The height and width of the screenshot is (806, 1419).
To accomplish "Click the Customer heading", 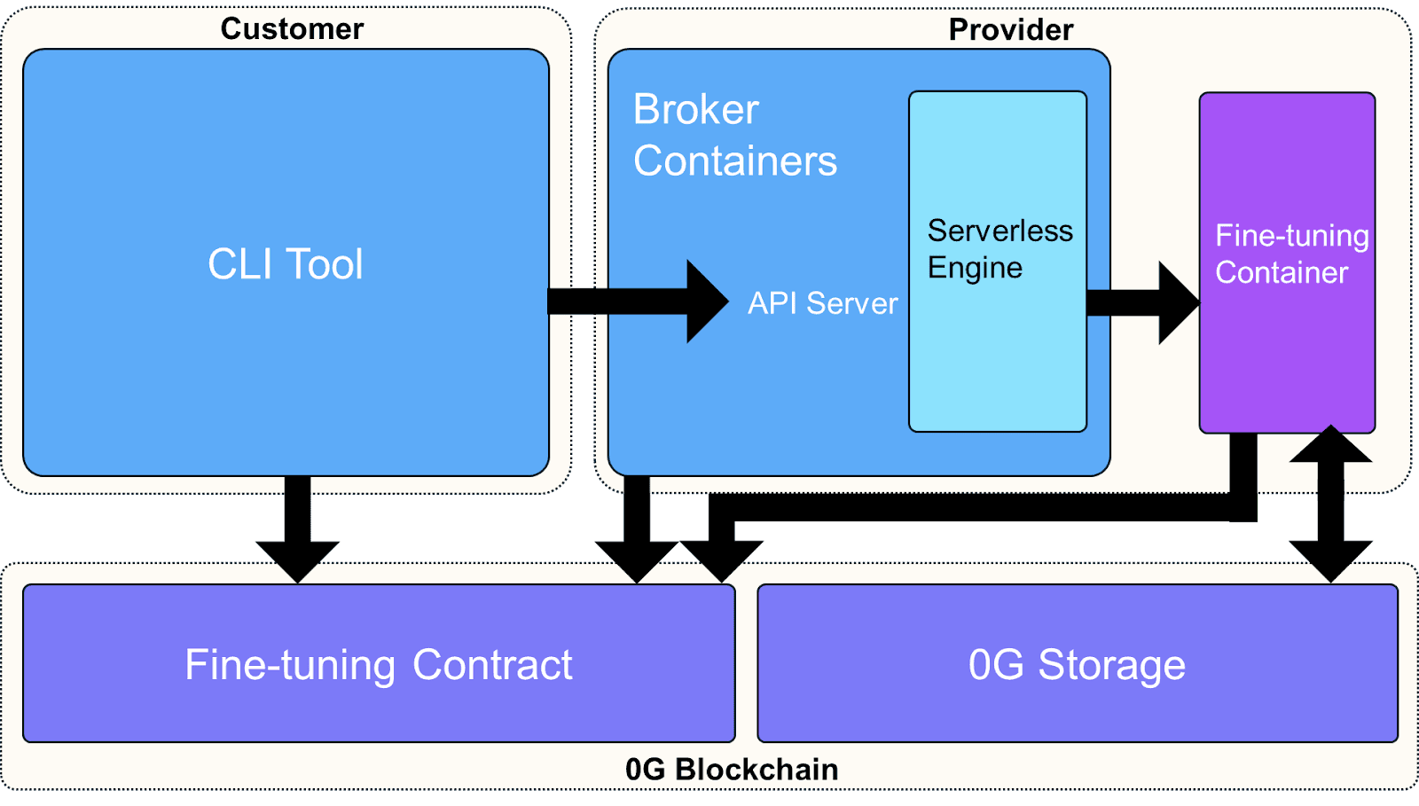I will point(292,29).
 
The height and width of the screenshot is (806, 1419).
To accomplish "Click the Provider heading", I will point(1010,30).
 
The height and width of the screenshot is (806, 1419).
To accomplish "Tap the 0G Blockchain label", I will point(731,769).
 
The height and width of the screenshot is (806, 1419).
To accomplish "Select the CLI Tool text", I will point(285,264).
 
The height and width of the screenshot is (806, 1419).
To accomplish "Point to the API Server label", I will point(822,303).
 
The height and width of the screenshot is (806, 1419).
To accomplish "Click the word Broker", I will point(695,110).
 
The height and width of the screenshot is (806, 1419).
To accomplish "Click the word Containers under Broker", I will point(734,161).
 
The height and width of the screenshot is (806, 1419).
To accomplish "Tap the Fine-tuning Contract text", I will point(379,665).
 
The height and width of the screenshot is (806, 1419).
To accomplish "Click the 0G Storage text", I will point(1077,665).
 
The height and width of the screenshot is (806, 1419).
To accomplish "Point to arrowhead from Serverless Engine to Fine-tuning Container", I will point(1178,303).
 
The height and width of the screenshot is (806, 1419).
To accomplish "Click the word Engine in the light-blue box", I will point(975,268).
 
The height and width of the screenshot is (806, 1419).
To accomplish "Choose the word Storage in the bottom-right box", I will point(1111,665).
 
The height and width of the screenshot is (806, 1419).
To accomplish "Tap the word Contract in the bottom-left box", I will point(492,665).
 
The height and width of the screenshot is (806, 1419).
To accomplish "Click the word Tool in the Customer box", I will point(324,264).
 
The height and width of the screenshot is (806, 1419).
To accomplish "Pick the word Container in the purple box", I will point(1282,272).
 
